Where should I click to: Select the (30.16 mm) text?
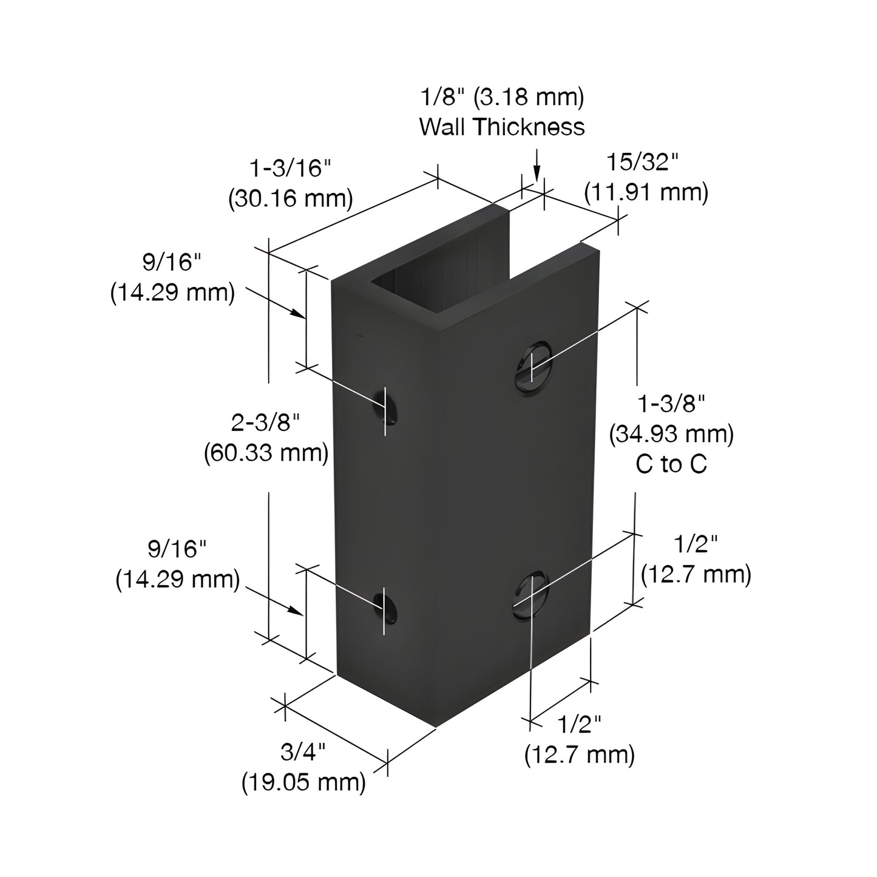click(x=291, y=198)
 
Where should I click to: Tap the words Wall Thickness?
click(x=502, y=127)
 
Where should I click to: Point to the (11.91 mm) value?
click(x=646, y=192)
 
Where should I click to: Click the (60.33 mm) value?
click(x=266, y=452)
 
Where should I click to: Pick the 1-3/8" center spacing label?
click(x=671, y=404)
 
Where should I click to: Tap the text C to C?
click(x=671, y=464)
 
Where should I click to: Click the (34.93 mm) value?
click(x=671, y=434)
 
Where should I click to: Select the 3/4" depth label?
click(x=303, y=753)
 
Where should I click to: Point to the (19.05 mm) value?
click(x=304, y=783)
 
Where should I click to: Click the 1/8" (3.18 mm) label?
click(x=502, y=97)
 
